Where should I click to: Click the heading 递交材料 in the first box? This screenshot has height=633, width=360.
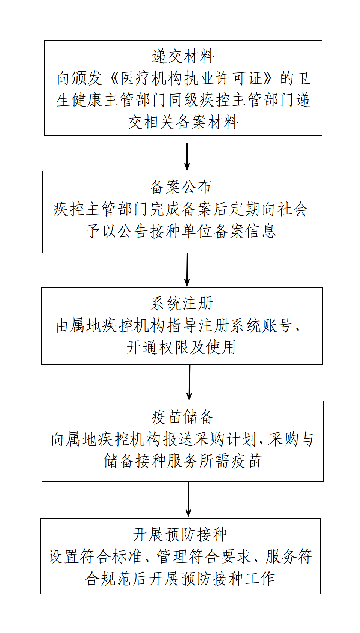pyautogui.click(x=183, y=56)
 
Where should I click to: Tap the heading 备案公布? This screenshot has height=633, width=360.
pyautogui.click(x=181, y=187)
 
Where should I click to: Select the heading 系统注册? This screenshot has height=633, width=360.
pyautogui.click(x=182, y=303)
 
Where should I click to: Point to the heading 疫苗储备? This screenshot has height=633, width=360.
pyautogui.click(x=183, y=417)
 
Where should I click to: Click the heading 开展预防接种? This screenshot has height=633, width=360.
pyautogui.click(x=180, y=534)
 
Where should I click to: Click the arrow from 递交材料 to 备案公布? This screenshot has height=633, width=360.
pyautogui.click(x=187, y=156)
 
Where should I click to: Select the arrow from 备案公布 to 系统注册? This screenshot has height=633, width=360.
pyautogui.click(x=187, y=270)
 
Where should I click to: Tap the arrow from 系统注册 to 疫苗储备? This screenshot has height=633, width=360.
pyautogui.click(x=189, y=382)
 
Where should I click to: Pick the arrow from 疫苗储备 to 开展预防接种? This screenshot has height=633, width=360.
pyautogui.click(x=188, y=499)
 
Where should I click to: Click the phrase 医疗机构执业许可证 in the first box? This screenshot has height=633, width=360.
pyautogui.click(x=191, y=78)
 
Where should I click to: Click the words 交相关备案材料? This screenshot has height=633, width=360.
pyautogui.click(x=183, y=122)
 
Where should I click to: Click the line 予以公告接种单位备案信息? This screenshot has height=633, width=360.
pyautogui.click(x=181, y=231)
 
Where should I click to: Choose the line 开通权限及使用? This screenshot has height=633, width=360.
pyautogui.click(x=181, y=347)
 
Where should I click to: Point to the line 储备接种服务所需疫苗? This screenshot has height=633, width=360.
pyautogui.click(x=182, y=461)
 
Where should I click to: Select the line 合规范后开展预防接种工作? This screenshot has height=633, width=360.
pyautogui.click(x=180, y=578)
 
